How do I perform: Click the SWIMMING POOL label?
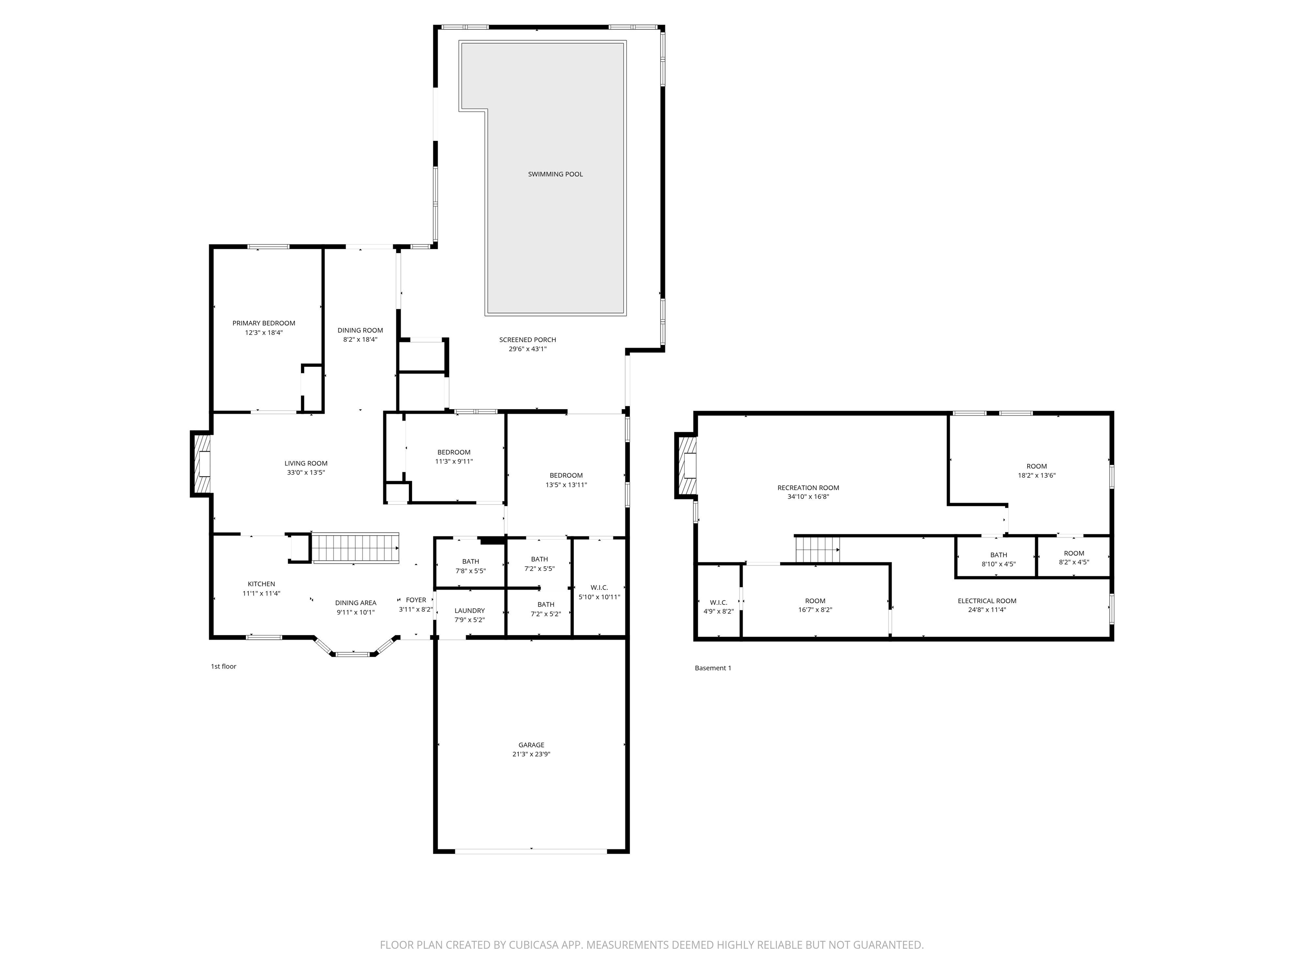[555, 174]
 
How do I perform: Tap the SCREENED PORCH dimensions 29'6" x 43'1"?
[527, 349]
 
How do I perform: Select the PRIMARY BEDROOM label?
[264, 323]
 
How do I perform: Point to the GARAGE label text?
[531, 745]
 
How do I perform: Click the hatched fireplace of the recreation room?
[687, 466]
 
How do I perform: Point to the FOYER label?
[416, 600]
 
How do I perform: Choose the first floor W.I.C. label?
[599, 588]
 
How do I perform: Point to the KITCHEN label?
[261, 584]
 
